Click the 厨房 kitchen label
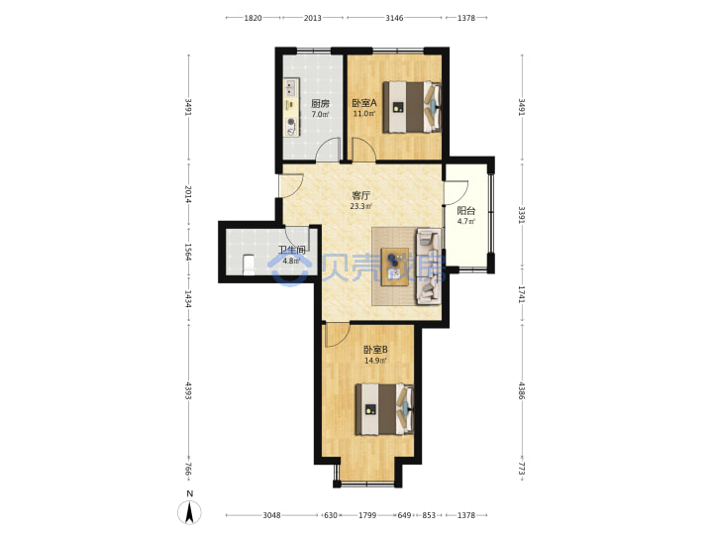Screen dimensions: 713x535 pos(320,103)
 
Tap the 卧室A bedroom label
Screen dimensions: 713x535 pos(364,103)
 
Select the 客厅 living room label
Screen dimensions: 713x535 pos(361,195)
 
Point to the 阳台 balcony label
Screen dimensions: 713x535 pos(466,211)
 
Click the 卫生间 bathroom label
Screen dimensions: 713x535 pos(291,251)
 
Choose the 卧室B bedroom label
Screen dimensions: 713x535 pos(375,350)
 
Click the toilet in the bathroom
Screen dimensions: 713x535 pos(249,266)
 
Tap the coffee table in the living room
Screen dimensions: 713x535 pos(395,267)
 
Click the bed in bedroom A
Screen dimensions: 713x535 pos(412,107)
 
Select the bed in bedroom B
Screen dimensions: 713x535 pos(384,409)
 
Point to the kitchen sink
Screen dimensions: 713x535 pos(291,86)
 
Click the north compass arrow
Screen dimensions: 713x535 pos(190,512)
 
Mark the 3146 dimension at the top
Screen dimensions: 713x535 pos(394,18)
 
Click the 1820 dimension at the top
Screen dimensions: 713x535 pos(254,18)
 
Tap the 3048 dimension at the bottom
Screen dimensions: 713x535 pos(271,515)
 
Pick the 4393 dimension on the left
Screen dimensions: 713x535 pos(188,390)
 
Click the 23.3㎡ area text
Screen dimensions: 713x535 pos(361,206)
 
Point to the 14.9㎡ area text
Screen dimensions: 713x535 pos(375,361)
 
